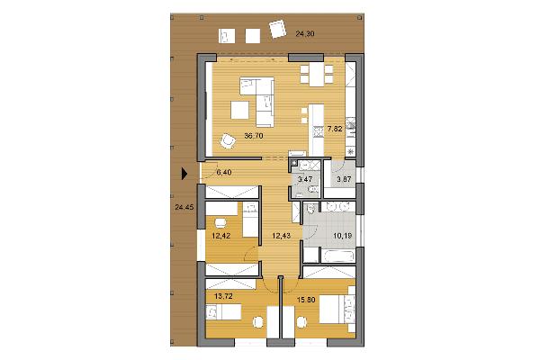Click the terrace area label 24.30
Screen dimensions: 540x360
tap(305, 34)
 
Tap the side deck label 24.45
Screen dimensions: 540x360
tap(184, 207)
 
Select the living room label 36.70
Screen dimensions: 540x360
tap(254, 136)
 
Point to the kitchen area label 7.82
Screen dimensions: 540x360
tap(335, 129)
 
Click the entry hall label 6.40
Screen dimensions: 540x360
tap(224, 172)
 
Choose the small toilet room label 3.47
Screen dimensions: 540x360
tap(305, 179)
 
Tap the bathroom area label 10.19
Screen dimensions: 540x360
tap(342, 236)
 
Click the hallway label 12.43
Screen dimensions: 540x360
tap(282, 236)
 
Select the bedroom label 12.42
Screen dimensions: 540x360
tap(221, 236)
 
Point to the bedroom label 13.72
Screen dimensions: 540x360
tap(223, 295)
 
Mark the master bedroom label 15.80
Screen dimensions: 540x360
tap(306, 300)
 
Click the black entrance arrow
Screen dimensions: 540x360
tap(184, 174)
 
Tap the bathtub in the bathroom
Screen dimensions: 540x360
tap(337, 256)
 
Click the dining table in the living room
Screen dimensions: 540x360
tap(317, 75)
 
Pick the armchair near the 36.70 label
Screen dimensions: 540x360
tap(228, 141)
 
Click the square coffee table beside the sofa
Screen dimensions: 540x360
tap(240, 110)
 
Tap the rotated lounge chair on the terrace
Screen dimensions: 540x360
tap(277, 29)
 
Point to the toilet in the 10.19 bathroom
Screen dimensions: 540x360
tap(311, 209)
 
